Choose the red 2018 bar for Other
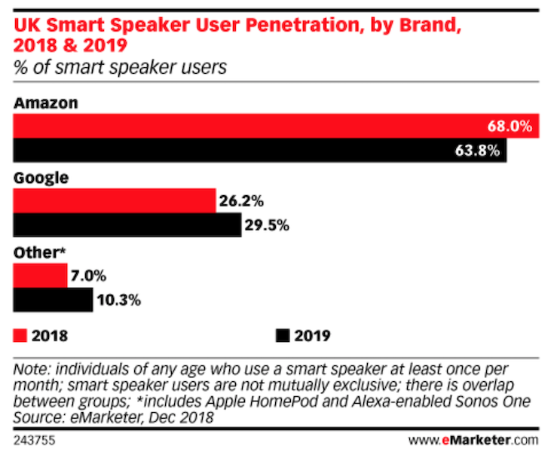[40, 275]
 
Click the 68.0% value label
[510, 126]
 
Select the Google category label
[41, 178]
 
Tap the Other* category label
[38, 252]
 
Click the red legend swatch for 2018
[20, 334]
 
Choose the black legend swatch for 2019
[283, 334]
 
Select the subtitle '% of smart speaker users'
[121, 68]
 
